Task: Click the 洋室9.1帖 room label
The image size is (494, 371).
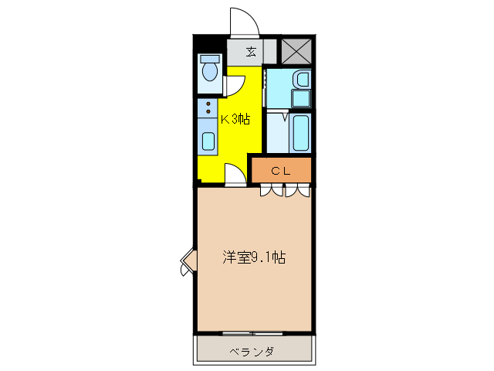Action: (254, 258)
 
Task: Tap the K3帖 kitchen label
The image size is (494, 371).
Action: (235, 119)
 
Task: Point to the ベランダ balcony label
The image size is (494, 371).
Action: (252, 352)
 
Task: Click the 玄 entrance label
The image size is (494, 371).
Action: (252, 53)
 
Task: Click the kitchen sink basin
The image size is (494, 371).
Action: (208, 141)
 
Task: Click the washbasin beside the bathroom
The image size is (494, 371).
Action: (302, 79)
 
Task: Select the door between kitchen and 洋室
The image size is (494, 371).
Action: (235, 175)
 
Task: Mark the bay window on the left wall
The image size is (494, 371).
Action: (186, 263)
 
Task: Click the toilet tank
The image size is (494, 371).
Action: (208, 59)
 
